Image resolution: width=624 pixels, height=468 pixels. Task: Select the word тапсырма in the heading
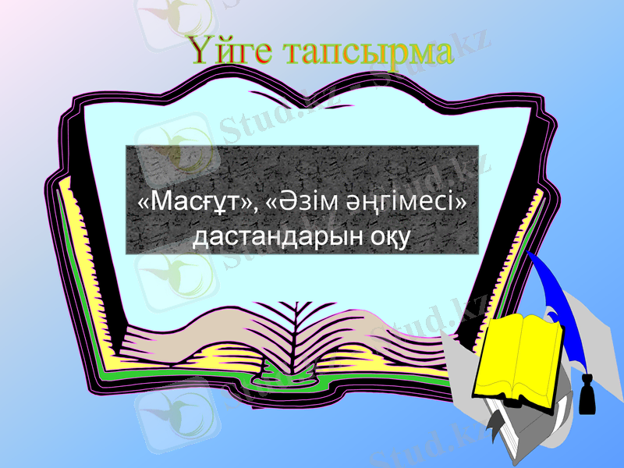[x=367, y=51]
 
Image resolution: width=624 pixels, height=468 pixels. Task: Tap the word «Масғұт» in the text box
[x=194, y=203]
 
